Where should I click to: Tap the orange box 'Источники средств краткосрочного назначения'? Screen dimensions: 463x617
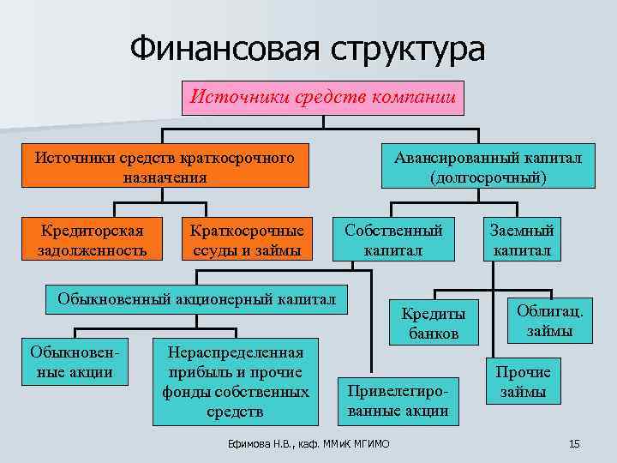point(165,167)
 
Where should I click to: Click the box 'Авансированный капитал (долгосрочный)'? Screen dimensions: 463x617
point(488,167)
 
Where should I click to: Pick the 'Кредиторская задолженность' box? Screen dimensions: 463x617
point(92,240)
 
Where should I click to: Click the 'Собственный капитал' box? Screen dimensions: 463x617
point(393,240)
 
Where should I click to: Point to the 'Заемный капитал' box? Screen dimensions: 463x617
point(522,240)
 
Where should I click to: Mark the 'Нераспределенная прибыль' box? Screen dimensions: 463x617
point(236,382)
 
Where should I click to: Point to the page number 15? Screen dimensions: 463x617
point(574,443)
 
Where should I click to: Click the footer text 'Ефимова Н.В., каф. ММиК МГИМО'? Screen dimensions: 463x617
point(308,443)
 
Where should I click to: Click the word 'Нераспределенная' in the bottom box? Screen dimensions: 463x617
point(236,354)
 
